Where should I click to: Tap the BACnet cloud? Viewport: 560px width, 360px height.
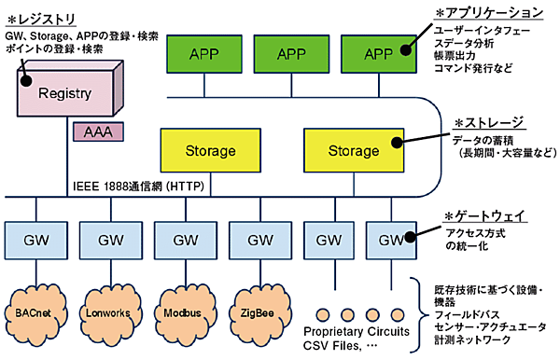tap(35, 309)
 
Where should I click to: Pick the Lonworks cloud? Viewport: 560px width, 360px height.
tap(109, 309)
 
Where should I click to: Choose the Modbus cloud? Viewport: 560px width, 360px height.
tap(182, 309)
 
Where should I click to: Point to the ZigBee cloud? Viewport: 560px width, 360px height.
tap(257, 309)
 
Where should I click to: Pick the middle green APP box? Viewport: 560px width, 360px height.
tap(291, 54)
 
